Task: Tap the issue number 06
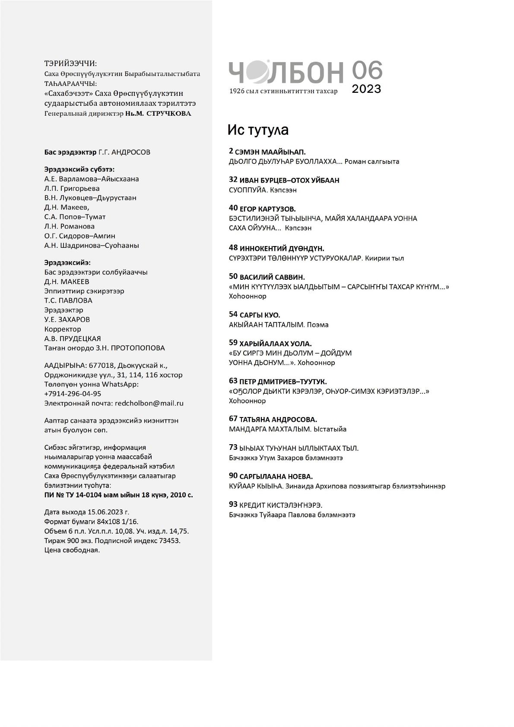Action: coord(367,70)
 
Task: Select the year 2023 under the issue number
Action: coord(366,89)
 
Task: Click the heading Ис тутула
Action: coord(258,130)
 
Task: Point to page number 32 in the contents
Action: coord(233,180)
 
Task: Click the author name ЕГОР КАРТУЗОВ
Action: coord(268,209)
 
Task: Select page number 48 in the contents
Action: coord(233,248)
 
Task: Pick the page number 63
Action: coord(233,381)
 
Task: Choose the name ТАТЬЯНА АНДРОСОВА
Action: coord(278,420)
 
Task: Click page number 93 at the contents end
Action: coord(233,505)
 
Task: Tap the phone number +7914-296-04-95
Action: coord(73,394)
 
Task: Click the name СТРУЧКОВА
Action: coord(169,114)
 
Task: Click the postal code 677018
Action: coord(102,365)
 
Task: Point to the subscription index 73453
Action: coord(167,541)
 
